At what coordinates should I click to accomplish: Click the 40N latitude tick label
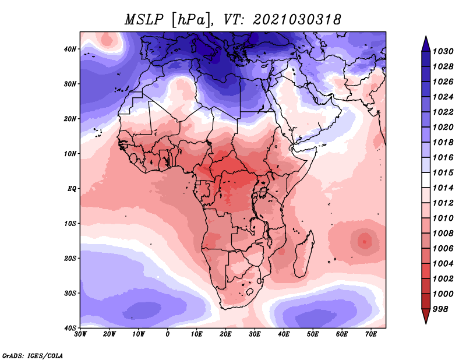click(70, 49)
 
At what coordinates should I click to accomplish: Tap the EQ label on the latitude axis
click(72, 189)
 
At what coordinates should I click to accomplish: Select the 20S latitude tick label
click(70, 258)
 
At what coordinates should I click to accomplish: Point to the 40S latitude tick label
click(70, 328)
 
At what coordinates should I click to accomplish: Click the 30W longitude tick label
click(80, 334)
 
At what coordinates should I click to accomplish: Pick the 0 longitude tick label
click(168, 334)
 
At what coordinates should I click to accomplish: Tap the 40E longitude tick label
click(284, 334)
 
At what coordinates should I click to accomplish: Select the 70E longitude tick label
click(371, 334)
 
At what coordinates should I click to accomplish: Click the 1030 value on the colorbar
click(443, 51)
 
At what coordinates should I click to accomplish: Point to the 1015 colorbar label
click(443, 172)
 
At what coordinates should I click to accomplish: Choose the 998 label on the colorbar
click(440, 309)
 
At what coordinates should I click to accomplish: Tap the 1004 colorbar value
click(443, 264)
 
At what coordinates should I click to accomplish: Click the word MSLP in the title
click(144, 20)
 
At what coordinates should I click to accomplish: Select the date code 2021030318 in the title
click(296, 20)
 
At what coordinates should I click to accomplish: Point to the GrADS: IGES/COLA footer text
click(33, 356)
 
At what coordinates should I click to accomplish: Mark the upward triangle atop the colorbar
click(426, 44)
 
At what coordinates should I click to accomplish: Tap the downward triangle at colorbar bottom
click(426, 316)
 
